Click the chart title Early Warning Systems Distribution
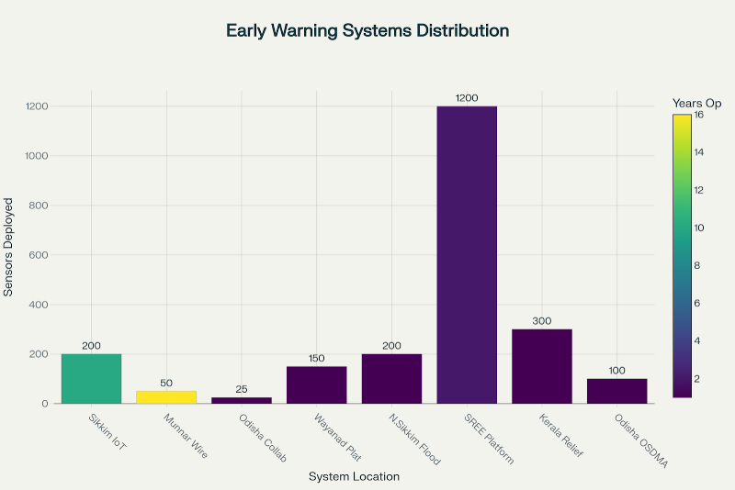(367, 30)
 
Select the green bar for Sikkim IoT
(91, 378)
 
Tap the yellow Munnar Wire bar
(166, 396)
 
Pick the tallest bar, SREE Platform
(467, 254)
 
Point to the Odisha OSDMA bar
(617, 391)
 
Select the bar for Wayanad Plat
(317, 384)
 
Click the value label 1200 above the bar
(467, 97)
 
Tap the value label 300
(542, 320)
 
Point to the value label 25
(242, 388)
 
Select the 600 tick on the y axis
(37, 255)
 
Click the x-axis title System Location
(354, 476)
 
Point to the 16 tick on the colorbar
(700, 115)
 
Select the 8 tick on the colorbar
(698, 265)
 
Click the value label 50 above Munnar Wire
(166, 382)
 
